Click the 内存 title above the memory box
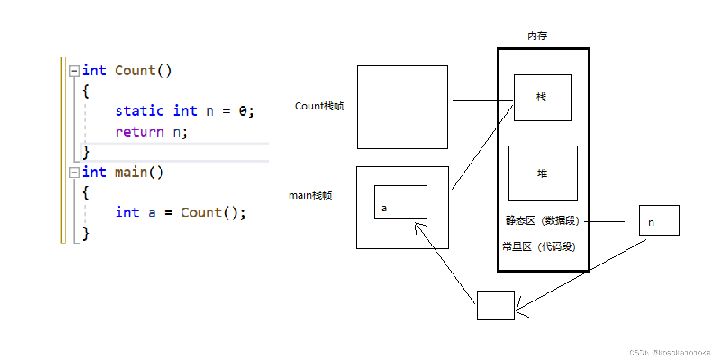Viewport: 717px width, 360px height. click(x=537, y=36)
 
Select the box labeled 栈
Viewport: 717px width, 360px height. click(x=542, y=98)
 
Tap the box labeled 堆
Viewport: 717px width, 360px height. click(x=543, y=173)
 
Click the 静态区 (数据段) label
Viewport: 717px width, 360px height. click(x=542, y=221)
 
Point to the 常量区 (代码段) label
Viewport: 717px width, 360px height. click(x=539, y=247)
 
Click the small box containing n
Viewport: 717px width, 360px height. click(x=659, y=220)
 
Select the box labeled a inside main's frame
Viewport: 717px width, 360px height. click(x=400, y=202)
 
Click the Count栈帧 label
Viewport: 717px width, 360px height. click(x=319, y=106)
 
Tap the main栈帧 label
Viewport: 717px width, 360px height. click(x=310, y=196)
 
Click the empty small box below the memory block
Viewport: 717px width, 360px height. click(x=495, y=305)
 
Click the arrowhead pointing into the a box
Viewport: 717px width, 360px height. click(x=417, y=225)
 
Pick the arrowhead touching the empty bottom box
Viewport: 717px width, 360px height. click(x=519, y=309)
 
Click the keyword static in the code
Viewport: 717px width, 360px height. click(x=140, y=111)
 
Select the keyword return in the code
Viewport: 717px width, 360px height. click(x=140, y=132)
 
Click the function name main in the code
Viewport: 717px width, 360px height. click(x=131, y=172)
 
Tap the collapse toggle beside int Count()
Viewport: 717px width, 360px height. click(x=74, y=71)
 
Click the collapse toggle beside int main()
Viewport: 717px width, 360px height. click(x=74, y=173)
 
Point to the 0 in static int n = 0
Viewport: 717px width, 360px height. click(x=243, y=111)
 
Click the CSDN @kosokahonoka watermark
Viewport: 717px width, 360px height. click(x=669, y=353)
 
